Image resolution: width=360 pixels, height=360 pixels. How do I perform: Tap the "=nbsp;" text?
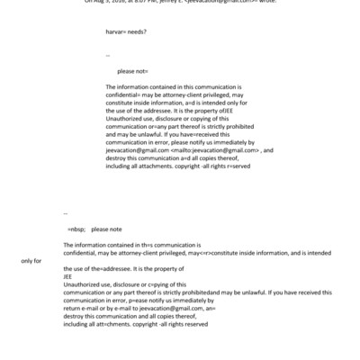(76, 229)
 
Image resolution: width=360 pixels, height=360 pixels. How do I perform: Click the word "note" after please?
(114, 229)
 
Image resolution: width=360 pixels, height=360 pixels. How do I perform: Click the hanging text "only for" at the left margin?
(31, 261)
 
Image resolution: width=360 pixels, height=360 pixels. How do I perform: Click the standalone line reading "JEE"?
(68, 277)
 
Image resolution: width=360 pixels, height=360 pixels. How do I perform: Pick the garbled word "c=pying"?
(162, 284)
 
